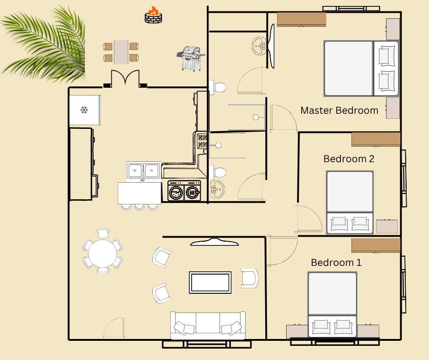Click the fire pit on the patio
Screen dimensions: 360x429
pyautogui.click(x=153, y=16)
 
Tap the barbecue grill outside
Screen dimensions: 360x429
pyautogui.click(x=190, y=58)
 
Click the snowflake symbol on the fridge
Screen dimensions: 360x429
pyautogui.click(x=84, y=110)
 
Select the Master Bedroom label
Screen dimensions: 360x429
pyautogui.click(x=339, y=111)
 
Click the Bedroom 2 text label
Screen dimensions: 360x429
pyautogui.click(x=349, y=159)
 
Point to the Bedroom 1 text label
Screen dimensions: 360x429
pyautogui.click(x=336, y=263)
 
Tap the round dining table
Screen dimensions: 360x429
pyautogui.click(x=103, y=253)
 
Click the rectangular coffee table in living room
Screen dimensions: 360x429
pyautogui.click(x=210, y=282)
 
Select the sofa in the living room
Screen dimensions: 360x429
pyautogui.click(x=208, y=325)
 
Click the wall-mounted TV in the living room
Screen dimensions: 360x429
pyautogui.click(x=214, y=242)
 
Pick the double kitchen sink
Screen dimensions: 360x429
pyautogui.click(x=143, y=170)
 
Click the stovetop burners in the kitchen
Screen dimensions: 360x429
pyautogui.click(x=202, y=141)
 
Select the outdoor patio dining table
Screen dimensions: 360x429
pyautogui.click(x=121, y=52)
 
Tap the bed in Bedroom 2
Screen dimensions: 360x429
pyautogui.click(x=350, y=201)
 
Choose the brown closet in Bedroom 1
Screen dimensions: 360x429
pyautogui.click(x=376, y=245)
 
